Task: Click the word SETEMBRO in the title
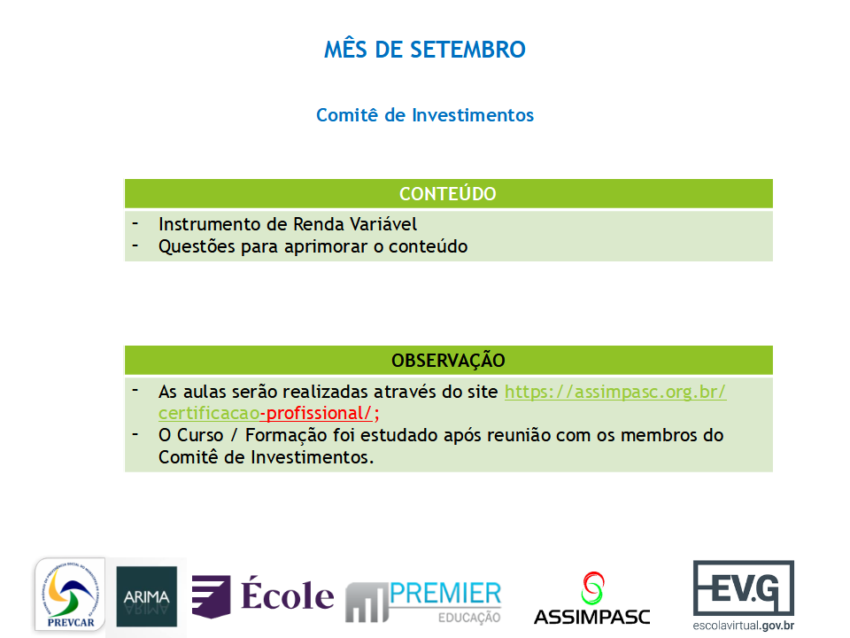[467, 50]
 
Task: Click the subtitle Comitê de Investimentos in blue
[425, 115]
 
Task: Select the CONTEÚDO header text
[448, 194]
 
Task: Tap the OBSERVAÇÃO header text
[448, 361]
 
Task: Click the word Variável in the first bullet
[383, 224]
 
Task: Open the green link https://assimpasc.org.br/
[615, 392]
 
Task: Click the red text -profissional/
[317, 414]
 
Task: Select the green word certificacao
[209, 414]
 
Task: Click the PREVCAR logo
[70, 595]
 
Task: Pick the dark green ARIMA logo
[146, 596]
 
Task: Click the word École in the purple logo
[287, 595]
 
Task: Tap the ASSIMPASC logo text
[592, 617]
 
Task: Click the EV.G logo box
[744, 587]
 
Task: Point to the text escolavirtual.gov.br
[743, 626]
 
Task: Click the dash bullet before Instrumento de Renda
[135, 223]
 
